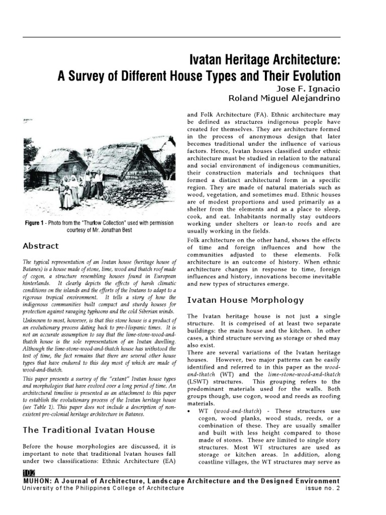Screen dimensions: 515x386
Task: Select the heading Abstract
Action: coord(41,246)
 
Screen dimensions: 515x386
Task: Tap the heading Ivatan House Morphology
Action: coord(245,300)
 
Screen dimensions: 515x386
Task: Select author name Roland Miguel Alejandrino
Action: coord(285,97)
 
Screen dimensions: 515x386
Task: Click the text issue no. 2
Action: coord(323,488)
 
